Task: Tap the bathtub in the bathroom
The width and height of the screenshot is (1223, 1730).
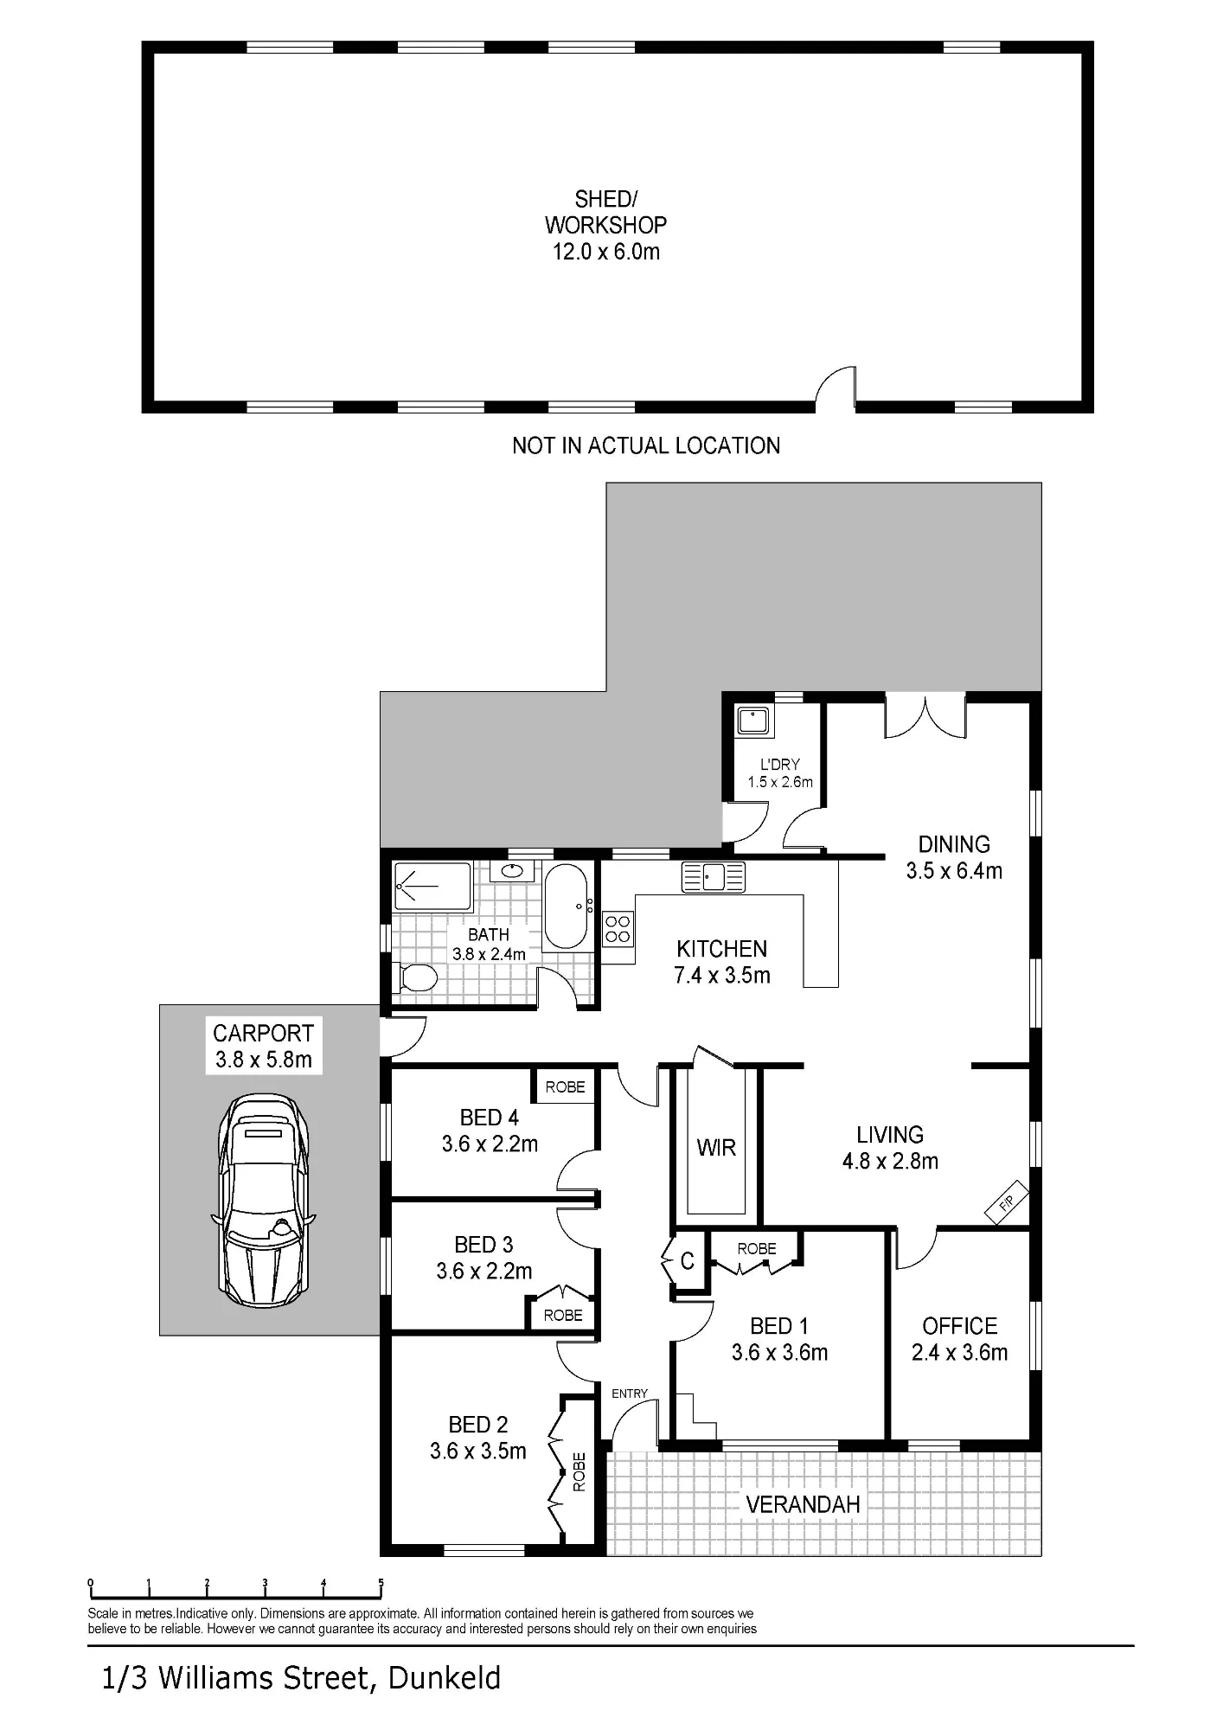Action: coord(567,906)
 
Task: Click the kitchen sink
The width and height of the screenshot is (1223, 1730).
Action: coord(714,876)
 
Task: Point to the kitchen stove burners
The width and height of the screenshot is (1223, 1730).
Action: coord(618,929)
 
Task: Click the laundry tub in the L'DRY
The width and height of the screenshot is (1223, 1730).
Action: coord(754,720)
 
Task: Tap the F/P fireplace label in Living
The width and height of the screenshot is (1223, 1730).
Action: coord(1006,1202)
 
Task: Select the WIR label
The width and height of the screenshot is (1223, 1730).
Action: coord(716,1148)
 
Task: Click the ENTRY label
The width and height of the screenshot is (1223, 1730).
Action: coord(630,1394)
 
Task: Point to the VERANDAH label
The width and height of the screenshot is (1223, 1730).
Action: coord(804,1504)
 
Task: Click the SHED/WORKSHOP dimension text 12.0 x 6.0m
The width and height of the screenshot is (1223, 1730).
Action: coord(606,252)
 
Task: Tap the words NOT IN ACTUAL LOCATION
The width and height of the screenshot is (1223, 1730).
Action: coord(646,445)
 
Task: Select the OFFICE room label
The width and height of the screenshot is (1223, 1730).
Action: coord(960,1325)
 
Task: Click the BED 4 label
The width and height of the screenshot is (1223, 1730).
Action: coord(490,1118)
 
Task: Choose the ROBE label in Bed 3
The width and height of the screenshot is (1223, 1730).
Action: coord(563,1316)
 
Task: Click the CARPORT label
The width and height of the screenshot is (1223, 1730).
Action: coord(263,1033)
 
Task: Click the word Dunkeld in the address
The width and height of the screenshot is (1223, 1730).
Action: coord(445,1679)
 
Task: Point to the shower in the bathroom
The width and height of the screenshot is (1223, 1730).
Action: coord(432,887)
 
